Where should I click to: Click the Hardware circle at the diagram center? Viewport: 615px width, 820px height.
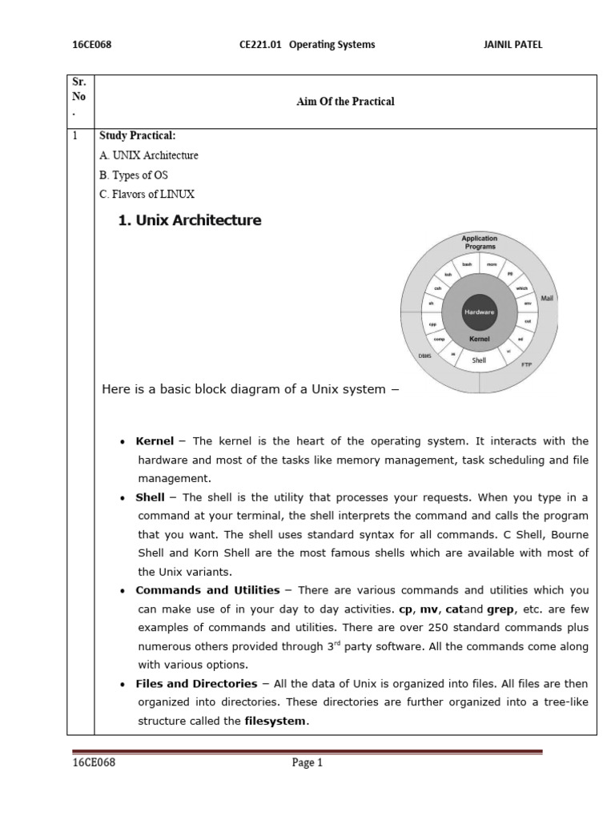(x=480, y=312)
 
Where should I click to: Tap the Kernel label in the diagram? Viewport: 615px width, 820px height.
(x=480, y=340)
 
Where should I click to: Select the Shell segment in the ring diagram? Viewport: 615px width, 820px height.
(x=480, y=361)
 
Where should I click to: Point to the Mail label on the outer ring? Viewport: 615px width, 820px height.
(x=548, y=298)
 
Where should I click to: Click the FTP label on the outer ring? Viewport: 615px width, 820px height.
(x=526, y=365)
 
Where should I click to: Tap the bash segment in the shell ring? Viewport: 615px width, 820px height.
(x=467, y=265)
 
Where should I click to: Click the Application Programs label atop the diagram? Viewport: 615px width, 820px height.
(x=479, y=243)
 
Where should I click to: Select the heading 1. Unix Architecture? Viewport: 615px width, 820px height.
(x=190, y=220)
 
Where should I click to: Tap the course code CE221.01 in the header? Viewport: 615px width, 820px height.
(x=261, y=45)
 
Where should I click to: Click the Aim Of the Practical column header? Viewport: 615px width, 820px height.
(x=345, y=102)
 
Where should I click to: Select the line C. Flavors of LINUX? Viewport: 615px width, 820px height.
(x=147, y=194)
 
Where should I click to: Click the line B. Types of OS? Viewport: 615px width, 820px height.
(x=134, y=175)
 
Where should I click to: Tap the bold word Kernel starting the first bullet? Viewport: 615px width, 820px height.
(x=155, y=441)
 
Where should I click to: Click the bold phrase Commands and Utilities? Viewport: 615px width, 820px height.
(x=207, y=590)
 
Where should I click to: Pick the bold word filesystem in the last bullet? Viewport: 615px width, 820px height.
(x=275, y=721)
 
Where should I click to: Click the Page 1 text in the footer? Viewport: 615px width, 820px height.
(x=307, y=764)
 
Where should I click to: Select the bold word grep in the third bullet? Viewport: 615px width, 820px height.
(x=500, y=609)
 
